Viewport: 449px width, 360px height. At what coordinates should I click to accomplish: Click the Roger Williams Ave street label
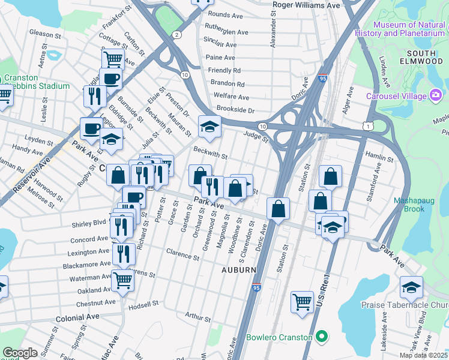[x=306, y=5]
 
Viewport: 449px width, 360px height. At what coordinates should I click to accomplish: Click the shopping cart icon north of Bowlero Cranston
[x=302, y=301]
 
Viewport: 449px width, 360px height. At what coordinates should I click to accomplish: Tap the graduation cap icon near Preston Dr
[x=209, y=127]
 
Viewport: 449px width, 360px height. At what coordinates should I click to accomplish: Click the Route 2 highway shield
[x=176, y=35]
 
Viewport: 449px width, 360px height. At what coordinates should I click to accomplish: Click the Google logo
[x=20, y=353]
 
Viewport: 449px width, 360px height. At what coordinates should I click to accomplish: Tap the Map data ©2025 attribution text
[x=423, y=355]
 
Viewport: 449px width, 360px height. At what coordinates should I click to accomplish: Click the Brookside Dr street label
[x=236, y=111]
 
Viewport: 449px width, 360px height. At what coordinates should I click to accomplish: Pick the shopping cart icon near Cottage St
[x=113, y=59]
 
